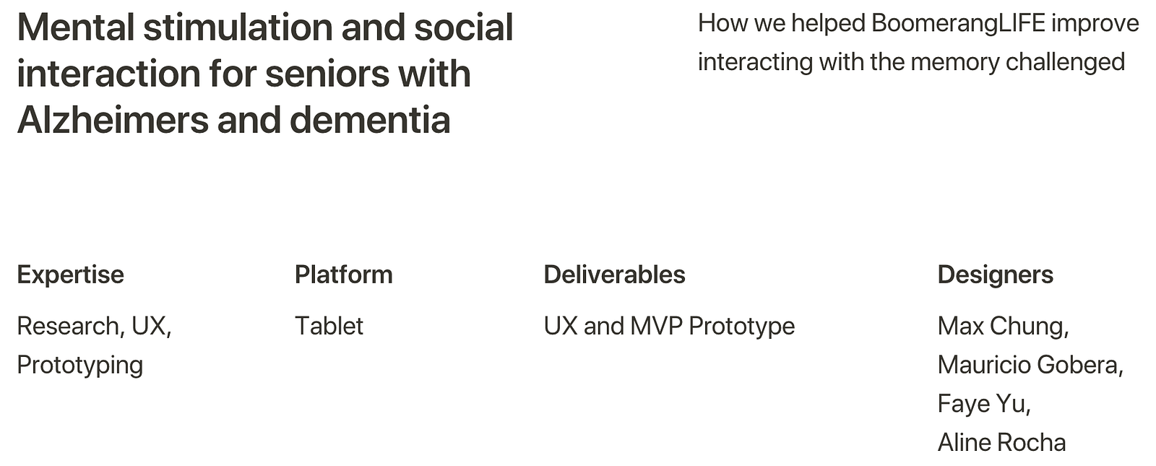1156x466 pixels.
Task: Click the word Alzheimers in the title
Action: coord(113,120)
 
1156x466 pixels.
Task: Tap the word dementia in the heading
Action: coord(370,120)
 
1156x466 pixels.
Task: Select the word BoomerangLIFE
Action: coord(958,24)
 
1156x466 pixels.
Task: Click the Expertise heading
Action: coord(71,275)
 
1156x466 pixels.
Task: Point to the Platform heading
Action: coord(344,275)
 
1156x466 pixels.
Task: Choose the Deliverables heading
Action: coord(615,275)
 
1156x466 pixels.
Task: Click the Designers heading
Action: coord(996,275)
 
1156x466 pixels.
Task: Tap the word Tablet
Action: coord(329,326)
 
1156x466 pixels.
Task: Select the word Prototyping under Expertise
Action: coord(80,366)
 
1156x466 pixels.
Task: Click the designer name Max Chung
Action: coord(1002,327)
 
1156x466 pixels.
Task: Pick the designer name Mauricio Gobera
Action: coord(1030,366)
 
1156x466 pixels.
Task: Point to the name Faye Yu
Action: coord(983,405)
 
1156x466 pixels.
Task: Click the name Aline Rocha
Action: coord(1001,443)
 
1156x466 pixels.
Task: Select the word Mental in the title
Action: coord(76,27)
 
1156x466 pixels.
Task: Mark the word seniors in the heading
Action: coord(327,74)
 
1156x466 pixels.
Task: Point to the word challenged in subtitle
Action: coord(1065,63)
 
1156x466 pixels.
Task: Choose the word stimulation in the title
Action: coord(238,27)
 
